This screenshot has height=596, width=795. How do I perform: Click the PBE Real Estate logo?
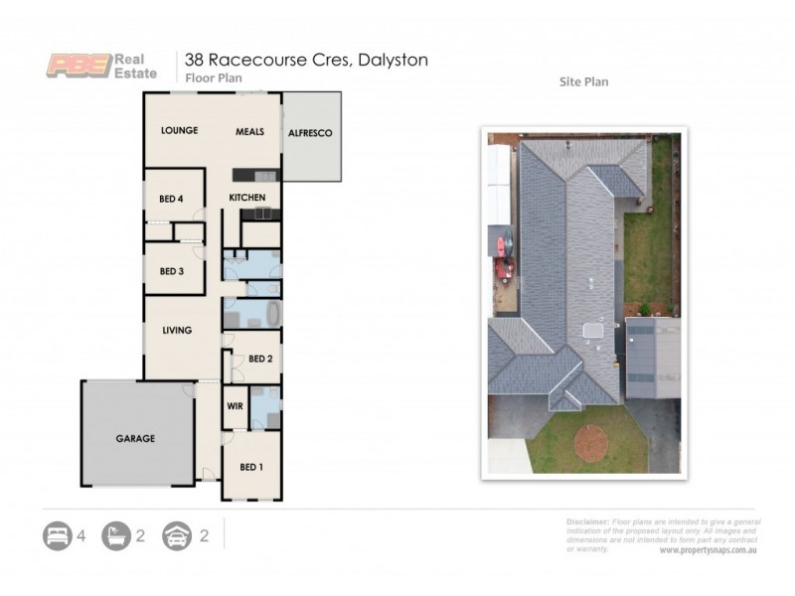[103, 64]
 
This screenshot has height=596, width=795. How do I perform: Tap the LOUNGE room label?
[180, 130]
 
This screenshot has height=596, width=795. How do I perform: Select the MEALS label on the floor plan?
[249, 131]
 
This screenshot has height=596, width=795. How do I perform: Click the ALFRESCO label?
[309, 132]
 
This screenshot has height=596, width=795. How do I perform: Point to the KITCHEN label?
[246, 198]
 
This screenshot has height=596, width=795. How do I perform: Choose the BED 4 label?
[172, 199]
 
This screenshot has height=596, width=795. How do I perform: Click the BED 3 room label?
[172, 271]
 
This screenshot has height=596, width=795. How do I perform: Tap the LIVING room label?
[177, 330]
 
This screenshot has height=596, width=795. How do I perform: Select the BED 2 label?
[260, 359]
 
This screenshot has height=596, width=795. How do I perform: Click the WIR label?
[236, 406]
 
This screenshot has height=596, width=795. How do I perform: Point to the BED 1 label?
[251, 466]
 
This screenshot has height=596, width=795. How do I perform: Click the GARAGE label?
[135, 438]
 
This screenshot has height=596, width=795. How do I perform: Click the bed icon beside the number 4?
[57, 536]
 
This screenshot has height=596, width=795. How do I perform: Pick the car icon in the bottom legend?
[176, 536]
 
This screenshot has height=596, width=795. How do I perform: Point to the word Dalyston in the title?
[391, 60]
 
